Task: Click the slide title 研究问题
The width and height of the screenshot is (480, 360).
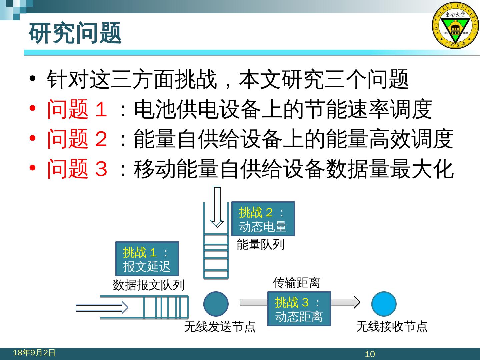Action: [x=75, y=33]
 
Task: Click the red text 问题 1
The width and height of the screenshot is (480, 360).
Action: [x=77, y=109]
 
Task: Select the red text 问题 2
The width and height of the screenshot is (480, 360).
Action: [x=77, y=139]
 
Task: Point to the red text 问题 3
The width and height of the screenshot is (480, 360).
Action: [x=77, y=168]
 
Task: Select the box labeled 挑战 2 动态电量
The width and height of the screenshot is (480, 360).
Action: [x=263, y=219]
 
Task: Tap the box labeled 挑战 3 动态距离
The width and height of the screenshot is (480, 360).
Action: [x=299, y=309]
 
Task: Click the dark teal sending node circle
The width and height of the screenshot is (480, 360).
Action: [x=216, y=304]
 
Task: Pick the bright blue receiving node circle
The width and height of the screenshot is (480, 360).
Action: [x=384, y=304]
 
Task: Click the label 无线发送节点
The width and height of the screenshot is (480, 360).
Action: [x=220, y=327]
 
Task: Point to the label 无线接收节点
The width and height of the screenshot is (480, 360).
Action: [x=392, y=326]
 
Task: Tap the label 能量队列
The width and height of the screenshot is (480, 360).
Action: [x=260, y=245]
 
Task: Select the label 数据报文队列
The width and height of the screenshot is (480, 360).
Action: [x=148, y=285]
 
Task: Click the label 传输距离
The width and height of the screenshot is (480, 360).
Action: [x=296, y=283]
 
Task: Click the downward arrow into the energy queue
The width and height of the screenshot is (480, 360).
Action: [x=217, y=207]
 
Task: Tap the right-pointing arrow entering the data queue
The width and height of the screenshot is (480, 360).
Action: [x=102, y=307]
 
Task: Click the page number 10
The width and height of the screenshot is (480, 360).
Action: [x=370, y=354]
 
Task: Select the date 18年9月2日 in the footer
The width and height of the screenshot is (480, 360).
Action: [x=34, y=353]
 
